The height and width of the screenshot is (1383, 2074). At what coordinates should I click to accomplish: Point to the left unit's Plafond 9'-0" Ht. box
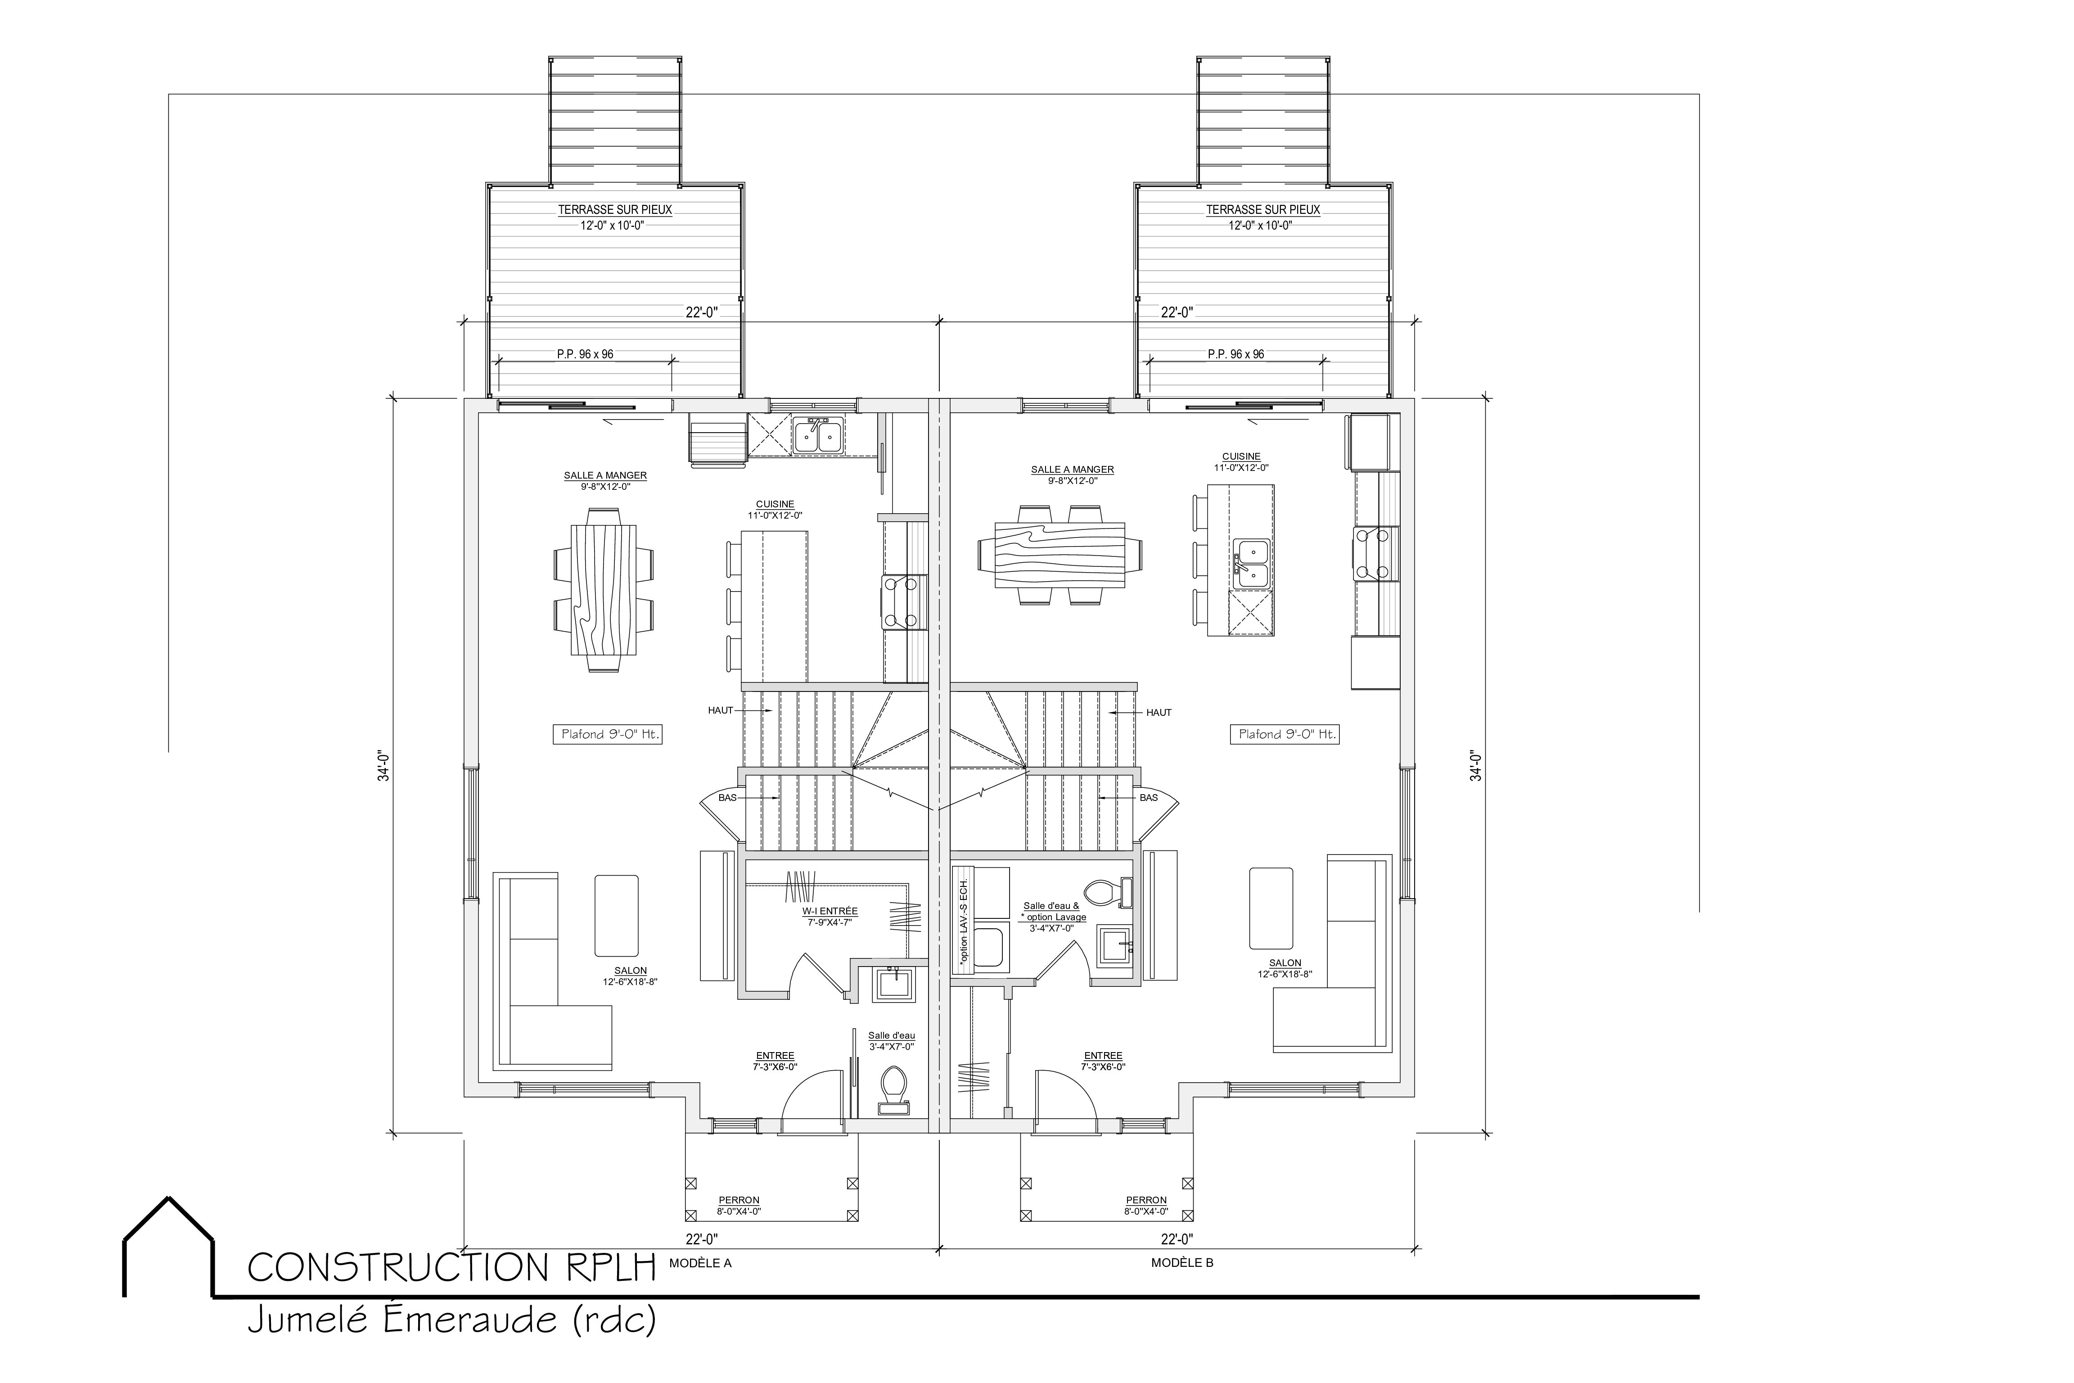pyautogui.click(x=608, y=734)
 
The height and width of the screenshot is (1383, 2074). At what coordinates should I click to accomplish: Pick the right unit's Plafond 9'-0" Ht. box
pyautogui.click(x=1285, y=734)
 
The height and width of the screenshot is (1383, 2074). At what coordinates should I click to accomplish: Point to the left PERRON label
pyautogui.click(x=739, y=1200)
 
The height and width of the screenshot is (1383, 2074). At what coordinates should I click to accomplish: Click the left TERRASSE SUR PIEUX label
pyautogui.click(x=615, y=210)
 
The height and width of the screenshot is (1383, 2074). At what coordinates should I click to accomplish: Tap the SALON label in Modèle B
pyautogui.click(x=1285, y=963)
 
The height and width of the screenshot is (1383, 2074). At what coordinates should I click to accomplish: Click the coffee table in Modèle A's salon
pyautogui.click(x=616, y=916)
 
